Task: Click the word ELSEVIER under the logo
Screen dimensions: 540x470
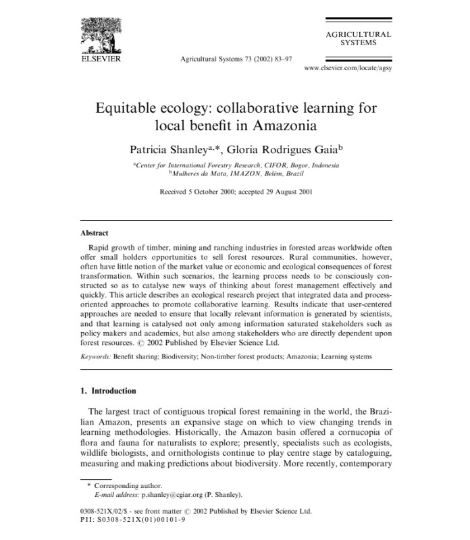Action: click(x=101, y=59)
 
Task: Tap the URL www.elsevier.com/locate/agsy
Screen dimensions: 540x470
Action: click(x=347, y=69)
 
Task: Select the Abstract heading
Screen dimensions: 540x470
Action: click(x=94, y=233)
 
